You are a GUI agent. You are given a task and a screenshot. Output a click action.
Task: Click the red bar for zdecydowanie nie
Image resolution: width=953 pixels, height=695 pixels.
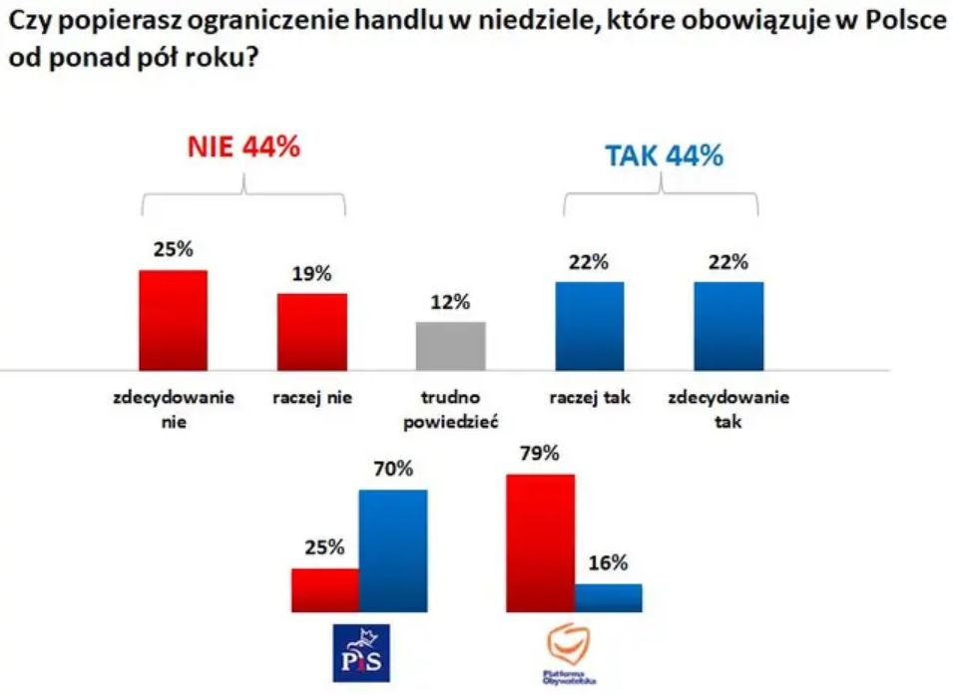coord(173,319)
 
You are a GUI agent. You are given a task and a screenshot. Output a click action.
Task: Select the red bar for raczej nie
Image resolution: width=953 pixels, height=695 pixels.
coord(311,331)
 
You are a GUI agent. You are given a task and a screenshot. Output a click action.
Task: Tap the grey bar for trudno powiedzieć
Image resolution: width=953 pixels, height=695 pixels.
coord(450,345)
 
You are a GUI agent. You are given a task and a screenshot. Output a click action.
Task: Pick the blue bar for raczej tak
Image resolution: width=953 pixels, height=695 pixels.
coord(589,325)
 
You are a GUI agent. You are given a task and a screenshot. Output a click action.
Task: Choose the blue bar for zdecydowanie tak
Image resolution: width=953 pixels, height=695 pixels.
coord(728,325)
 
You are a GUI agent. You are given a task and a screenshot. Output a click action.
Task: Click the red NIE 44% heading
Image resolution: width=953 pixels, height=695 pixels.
coord(243,147)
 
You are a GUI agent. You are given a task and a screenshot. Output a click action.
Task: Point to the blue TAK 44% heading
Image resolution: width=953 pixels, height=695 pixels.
coord(664,157)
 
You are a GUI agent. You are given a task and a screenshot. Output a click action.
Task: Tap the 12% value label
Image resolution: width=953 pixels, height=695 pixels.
coord(450,303)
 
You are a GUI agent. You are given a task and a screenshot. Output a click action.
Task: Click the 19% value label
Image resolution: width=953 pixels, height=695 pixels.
coord(311,274)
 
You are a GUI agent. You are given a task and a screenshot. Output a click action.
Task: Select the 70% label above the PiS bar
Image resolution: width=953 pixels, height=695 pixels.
coord(393,469)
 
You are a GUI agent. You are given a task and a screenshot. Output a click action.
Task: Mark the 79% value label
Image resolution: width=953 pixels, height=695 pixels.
coord(540,454)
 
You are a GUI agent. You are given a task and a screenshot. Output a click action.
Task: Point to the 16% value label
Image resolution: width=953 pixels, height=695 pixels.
coord(608,563)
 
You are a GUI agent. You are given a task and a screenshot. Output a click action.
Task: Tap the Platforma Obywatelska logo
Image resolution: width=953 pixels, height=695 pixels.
coord(572,653)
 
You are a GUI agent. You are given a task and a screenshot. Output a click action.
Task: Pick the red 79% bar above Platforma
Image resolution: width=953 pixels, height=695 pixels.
coord(540,542)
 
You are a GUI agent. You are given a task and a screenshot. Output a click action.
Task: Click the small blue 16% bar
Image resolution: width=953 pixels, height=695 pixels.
coord(608,597)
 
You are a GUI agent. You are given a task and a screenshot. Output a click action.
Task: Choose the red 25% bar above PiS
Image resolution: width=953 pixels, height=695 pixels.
coord(324,589)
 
